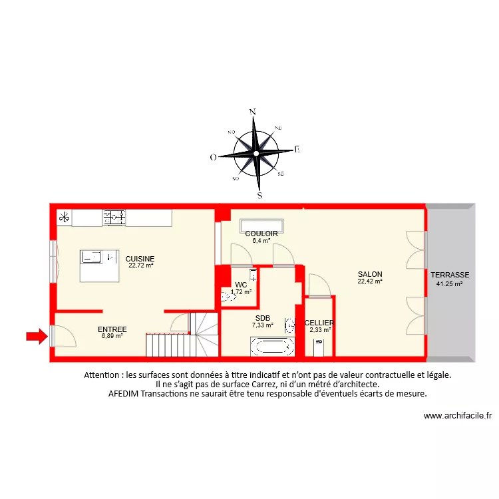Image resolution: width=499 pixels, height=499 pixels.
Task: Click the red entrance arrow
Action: tap(37, 337)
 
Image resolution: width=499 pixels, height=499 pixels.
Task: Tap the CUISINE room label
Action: tap(140, 259)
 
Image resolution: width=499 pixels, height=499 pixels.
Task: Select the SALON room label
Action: tap(370, 274)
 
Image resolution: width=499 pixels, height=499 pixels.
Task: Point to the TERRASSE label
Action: tap(450, 275)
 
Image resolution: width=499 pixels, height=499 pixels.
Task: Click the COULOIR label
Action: tap(261, 234)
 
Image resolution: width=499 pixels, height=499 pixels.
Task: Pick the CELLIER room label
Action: tap(319, 323)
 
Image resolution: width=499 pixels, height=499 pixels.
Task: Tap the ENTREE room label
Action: tap(112, 329)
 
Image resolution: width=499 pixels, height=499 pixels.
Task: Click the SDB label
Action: tap(262, 318)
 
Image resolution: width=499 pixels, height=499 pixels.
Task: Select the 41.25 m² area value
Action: tap(450, 283)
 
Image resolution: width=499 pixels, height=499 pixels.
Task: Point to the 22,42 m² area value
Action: tap(370, 281)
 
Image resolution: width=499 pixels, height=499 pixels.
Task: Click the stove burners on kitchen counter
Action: tap(114, 216)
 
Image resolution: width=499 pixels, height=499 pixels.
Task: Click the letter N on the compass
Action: tap(252, 112)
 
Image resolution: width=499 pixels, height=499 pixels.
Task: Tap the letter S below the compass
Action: tap(260, 196)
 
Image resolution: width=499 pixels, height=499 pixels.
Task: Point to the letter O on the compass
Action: tap(213, 157)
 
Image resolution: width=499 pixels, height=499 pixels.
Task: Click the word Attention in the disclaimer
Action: tap(103, 375)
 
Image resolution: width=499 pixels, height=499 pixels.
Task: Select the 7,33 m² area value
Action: tap(262, 325)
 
